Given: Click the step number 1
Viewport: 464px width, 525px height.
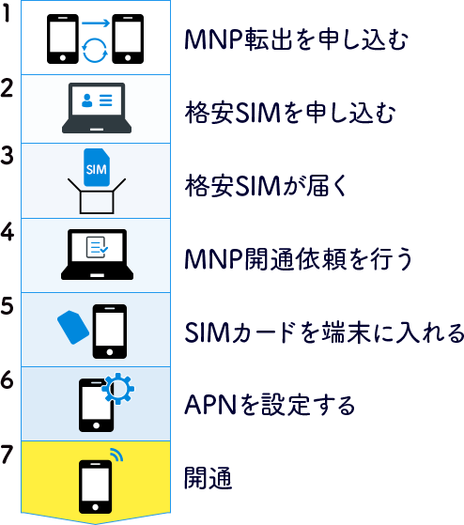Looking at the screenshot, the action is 7,14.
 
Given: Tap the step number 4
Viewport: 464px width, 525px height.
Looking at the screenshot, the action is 7,232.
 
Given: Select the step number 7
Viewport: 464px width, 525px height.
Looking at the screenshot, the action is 7,455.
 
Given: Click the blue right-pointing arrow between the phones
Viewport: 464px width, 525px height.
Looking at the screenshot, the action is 96,23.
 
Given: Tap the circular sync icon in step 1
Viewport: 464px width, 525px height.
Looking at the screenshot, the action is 95,50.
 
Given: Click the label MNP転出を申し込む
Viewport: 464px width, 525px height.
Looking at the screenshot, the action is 296,39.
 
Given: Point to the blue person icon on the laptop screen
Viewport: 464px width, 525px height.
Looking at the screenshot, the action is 87,100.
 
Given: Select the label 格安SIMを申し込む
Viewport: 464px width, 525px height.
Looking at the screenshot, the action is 290,113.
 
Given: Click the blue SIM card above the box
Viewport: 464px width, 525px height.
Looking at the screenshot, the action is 97,167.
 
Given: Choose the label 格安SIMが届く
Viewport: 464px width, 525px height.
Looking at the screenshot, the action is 267,186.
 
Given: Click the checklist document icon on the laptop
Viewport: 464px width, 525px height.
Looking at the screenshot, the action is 97,247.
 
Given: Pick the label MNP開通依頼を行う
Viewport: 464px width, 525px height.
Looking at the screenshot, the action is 299,258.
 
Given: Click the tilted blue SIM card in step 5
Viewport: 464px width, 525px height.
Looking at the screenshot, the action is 73,327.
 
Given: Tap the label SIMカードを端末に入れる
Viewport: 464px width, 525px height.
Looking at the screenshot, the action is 324,332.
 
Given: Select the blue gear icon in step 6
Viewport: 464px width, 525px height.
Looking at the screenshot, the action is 117,389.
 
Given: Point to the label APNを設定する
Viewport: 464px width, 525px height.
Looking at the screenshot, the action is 270,405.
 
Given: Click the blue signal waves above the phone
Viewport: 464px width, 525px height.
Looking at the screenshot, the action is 117,454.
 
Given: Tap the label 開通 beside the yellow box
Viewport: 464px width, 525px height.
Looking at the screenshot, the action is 209,478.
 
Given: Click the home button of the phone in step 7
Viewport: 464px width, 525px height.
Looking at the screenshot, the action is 95,507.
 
